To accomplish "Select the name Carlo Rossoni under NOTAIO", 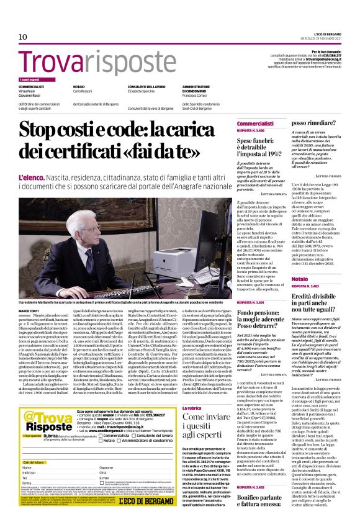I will pos(87,91).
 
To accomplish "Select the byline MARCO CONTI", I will pos(30,310).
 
